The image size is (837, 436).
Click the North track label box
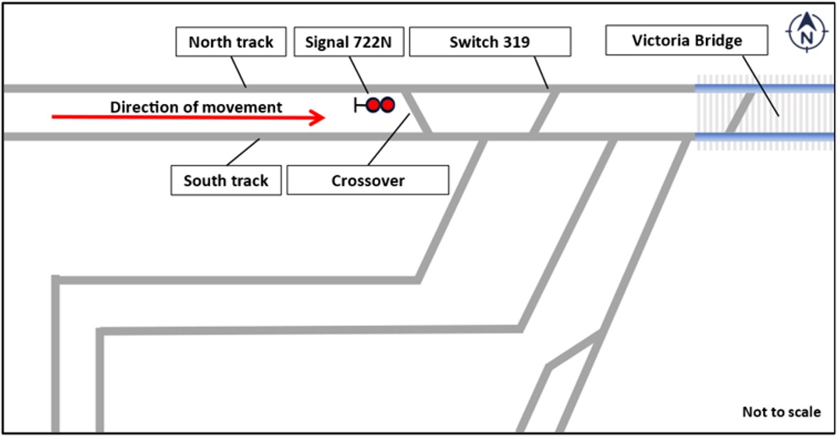(231, 42)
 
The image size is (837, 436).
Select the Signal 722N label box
(349, 42)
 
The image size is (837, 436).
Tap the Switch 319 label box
(490, 42)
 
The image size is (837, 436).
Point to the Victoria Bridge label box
(687, 41)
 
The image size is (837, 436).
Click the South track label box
(226, 180)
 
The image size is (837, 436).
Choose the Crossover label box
(368, 180)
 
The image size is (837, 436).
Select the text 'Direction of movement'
(196, 108)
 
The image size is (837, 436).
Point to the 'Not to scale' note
(781, 412)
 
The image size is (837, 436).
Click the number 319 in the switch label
(517, 42)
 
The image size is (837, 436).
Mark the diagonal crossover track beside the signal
(418, 112)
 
